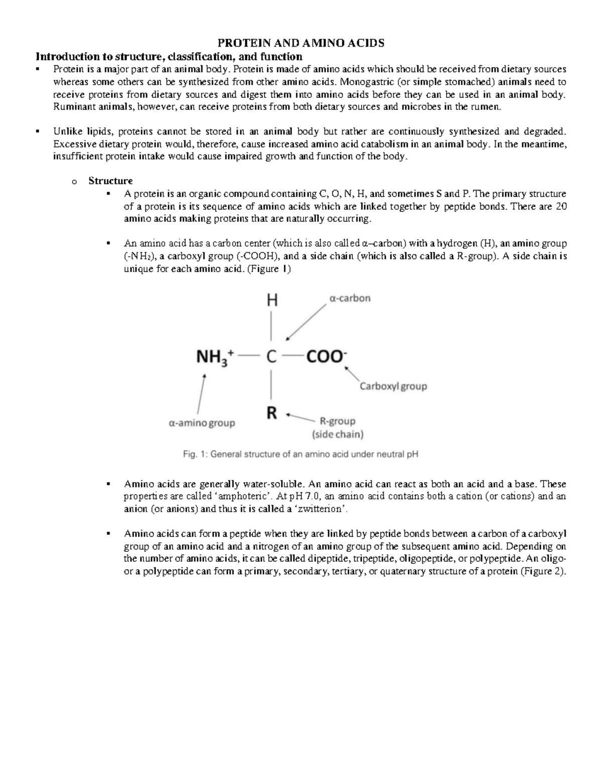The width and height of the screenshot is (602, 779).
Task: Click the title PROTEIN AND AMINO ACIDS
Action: (300, 43)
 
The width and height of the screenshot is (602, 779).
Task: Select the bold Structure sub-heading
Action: (110, 181)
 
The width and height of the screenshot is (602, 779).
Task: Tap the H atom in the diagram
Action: (271, 300)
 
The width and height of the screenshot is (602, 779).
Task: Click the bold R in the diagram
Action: (271, 414)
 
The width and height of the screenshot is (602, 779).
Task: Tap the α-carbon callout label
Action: (350, 298)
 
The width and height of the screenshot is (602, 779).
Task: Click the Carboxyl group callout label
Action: (393, 386)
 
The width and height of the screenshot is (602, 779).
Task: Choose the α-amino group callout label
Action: (202, 423)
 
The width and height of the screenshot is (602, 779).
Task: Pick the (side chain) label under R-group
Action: (338, 434)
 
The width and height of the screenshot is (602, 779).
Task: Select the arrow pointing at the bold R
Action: (300, 417)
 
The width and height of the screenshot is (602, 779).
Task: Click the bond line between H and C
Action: (271, 327)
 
